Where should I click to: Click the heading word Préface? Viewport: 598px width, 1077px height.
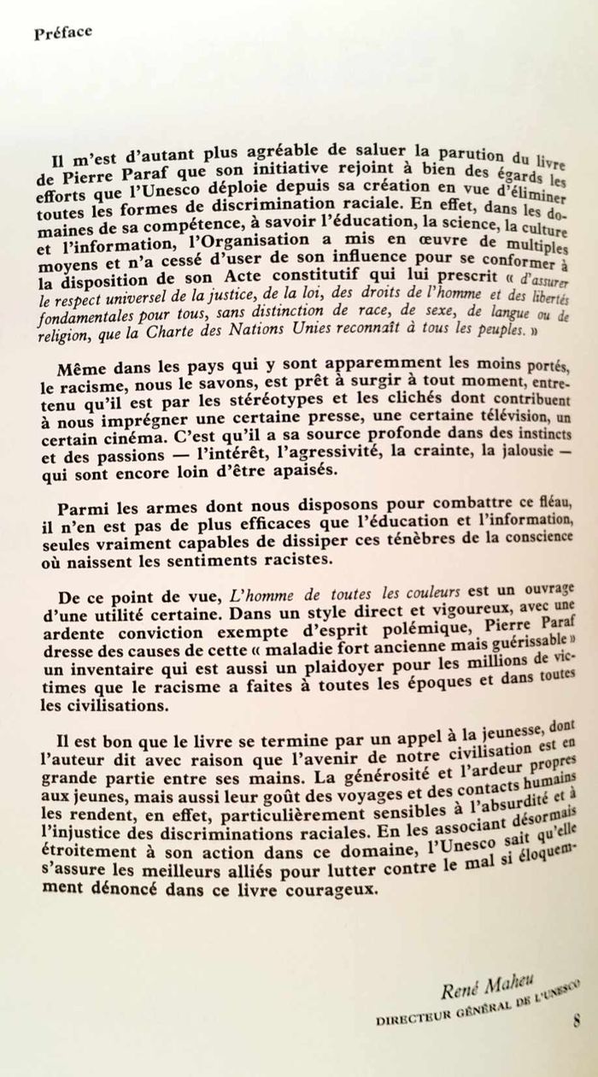62,34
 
